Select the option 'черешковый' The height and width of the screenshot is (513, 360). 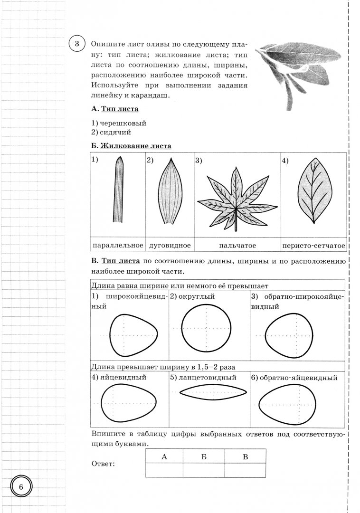[119, 123]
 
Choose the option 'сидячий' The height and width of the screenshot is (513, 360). [114, 132]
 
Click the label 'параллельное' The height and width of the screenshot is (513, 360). [117, 245]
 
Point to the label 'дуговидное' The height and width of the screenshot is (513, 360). [170, 245]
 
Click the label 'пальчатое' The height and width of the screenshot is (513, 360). [237, 245]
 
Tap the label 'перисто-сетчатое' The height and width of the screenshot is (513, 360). [313, 245]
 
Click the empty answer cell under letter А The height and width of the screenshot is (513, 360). [164, 470]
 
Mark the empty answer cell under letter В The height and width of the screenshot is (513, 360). [245, 470]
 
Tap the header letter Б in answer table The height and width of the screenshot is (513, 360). [204, 456]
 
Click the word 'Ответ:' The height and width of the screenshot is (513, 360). [103, 464]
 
